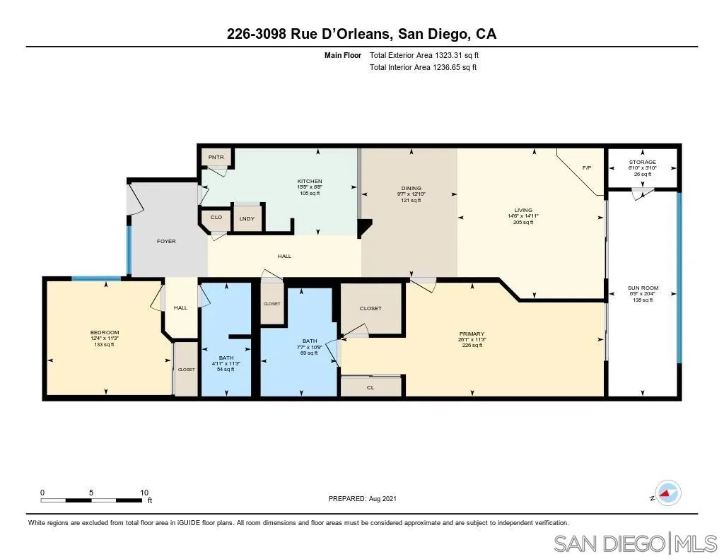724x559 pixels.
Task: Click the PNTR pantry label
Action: tap(215, 157)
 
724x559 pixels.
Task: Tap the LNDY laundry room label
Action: tap(247, 218)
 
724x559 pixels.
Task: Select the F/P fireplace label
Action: tap(586, 168)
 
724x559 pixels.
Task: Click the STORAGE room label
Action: tap(642, 163)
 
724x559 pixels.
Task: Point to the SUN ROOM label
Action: tap(643, 288)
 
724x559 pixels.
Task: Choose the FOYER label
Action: tap(166, 242)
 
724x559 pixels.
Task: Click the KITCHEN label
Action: tap(309, 182)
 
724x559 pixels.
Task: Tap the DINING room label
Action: tap(411, 188)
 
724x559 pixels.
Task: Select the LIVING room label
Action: tap(522, 210)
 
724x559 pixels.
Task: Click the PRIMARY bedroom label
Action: tap(472, 334)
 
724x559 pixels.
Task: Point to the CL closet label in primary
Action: tap(370, 387)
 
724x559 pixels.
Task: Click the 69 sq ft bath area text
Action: tap(310, 353)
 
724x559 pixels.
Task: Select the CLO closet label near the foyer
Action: tap(216, 217)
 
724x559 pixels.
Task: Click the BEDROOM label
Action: tap(104, 333)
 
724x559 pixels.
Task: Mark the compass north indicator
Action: tap(667, 493)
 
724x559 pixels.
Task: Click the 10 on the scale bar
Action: tap(144, 493)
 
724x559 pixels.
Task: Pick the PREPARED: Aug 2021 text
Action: tap(363, 498)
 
